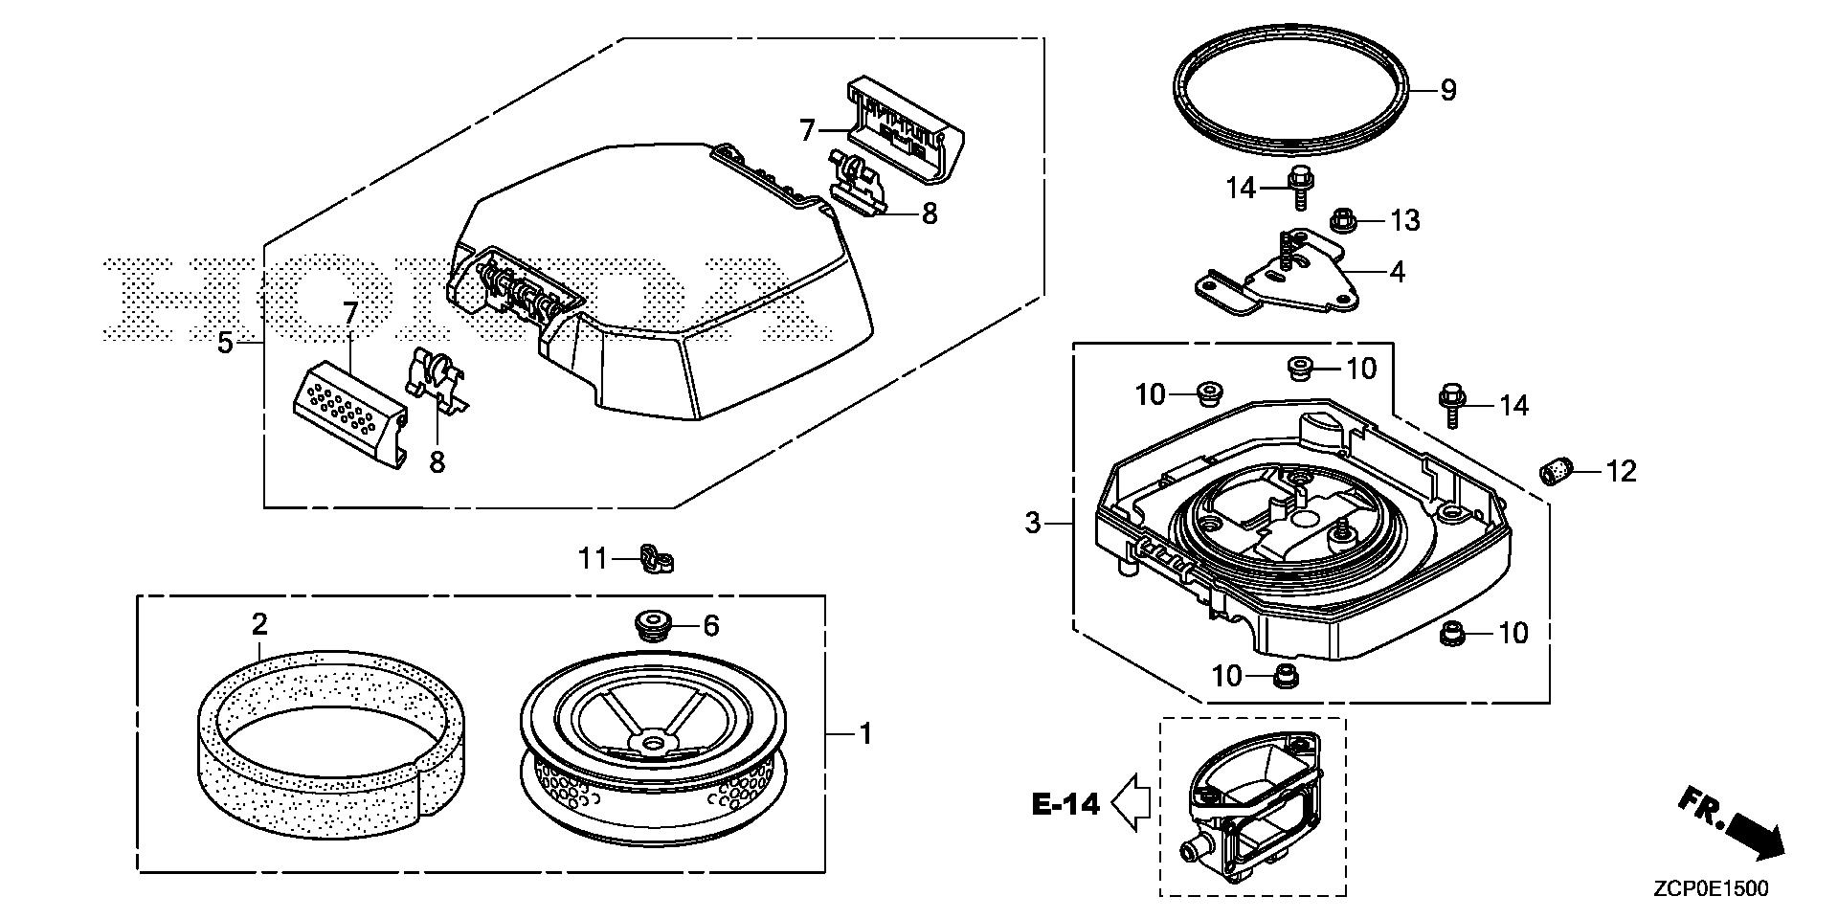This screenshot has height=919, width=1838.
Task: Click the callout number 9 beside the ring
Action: point(1448,91)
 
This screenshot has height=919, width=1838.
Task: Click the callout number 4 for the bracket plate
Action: point(1397,272)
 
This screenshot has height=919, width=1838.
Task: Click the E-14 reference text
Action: point(1066,804)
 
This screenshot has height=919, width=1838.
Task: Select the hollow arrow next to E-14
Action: point(1131,802)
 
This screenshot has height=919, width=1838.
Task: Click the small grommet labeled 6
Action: point(651,626)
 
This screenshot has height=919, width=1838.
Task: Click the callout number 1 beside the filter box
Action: point(865,735)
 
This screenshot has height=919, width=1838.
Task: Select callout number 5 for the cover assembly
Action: point(225,343)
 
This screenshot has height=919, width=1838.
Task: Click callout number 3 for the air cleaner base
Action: point(1032,524)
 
